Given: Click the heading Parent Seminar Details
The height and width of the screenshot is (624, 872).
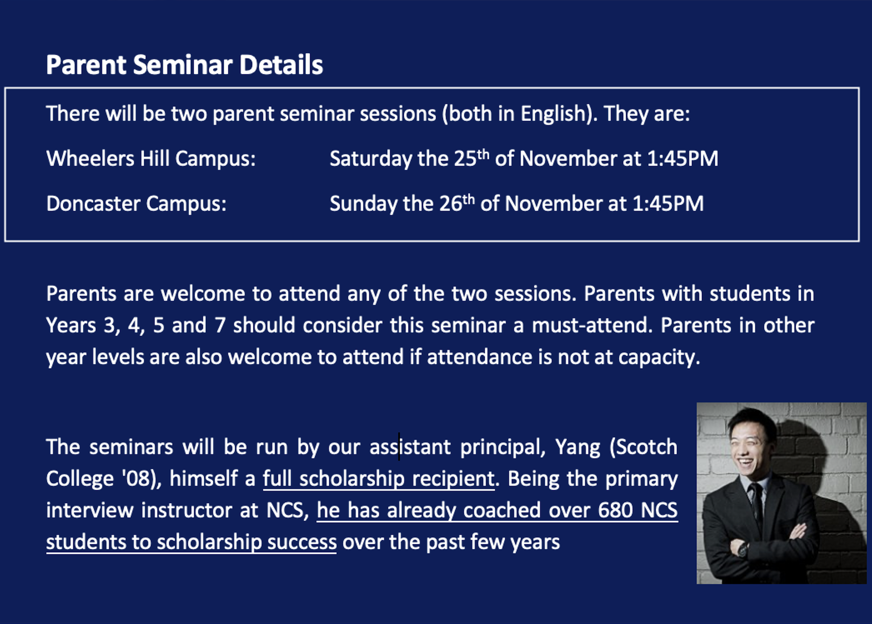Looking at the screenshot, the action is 184,65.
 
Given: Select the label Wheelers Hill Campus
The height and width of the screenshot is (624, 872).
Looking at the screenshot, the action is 151,159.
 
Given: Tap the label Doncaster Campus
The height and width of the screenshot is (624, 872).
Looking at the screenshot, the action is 136,204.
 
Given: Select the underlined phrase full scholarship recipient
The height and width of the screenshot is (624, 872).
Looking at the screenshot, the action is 379,479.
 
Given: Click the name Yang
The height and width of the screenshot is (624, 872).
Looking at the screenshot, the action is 577,447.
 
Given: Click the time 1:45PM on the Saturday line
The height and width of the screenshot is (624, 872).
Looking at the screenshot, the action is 682,159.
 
